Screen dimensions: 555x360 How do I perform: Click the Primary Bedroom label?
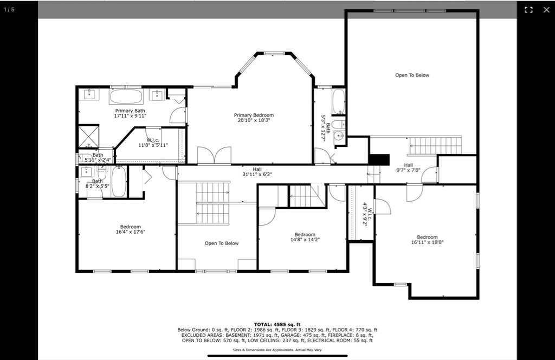254,118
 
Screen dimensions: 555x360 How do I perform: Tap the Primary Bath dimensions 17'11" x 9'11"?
130,115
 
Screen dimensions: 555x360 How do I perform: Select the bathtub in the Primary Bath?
126,97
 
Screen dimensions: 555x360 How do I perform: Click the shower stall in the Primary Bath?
88,136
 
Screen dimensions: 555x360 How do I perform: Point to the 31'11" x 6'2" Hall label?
257,172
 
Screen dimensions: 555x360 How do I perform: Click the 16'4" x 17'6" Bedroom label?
131,229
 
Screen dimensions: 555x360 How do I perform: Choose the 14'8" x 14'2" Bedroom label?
305,237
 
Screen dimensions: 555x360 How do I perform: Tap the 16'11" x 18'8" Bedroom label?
427,240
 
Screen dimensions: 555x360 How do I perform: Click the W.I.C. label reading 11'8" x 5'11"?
153,143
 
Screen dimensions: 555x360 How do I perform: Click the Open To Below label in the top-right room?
412,75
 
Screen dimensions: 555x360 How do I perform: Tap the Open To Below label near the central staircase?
222,243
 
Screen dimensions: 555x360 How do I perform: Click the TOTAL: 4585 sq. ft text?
277,324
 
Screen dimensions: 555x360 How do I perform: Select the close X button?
546,10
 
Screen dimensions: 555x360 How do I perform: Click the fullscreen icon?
528,10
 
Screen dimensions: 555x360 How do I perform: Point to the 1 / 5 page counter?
9,10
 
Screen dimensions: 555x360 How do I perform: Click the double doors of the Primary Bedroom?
214,156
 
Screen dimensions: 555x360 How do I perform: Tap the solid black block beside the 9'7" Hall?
379,159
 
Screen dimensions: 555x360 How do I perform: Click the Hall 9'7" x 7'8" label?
409,168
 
